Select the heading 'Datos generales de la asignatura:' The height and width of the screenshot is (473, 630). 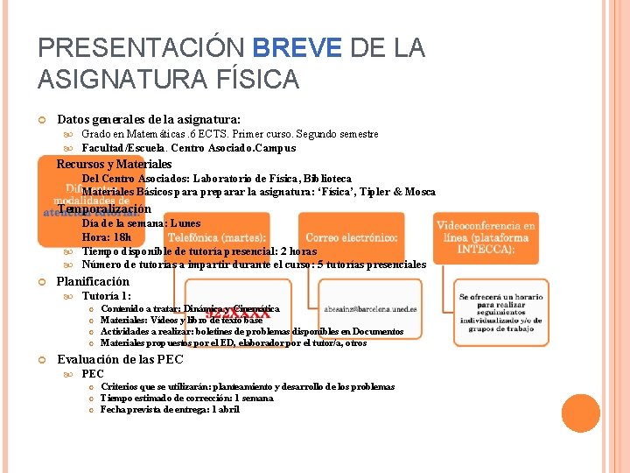tap(148, 118)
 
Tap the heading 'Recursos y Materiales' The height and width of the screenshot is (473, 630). tap(114, 164)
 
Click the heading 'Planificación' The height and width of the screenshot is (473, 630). tap(92, 281)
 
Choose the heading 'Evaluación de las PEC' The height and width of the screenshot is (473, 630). tap(120, 359)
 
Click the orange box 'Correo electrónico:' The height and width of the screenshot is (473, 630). tap(352, 237)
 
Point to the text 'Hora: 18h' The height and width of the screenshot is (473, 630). tap(106, 237)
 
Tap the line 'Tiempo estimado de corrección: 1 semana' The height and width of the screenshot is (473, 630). tap(186, 398)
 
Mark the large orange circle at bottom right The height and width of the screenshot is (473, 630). tap(581, 413)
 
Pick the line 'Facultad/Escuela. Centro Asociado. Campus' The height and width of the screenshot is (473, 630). tap(188, 148)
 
